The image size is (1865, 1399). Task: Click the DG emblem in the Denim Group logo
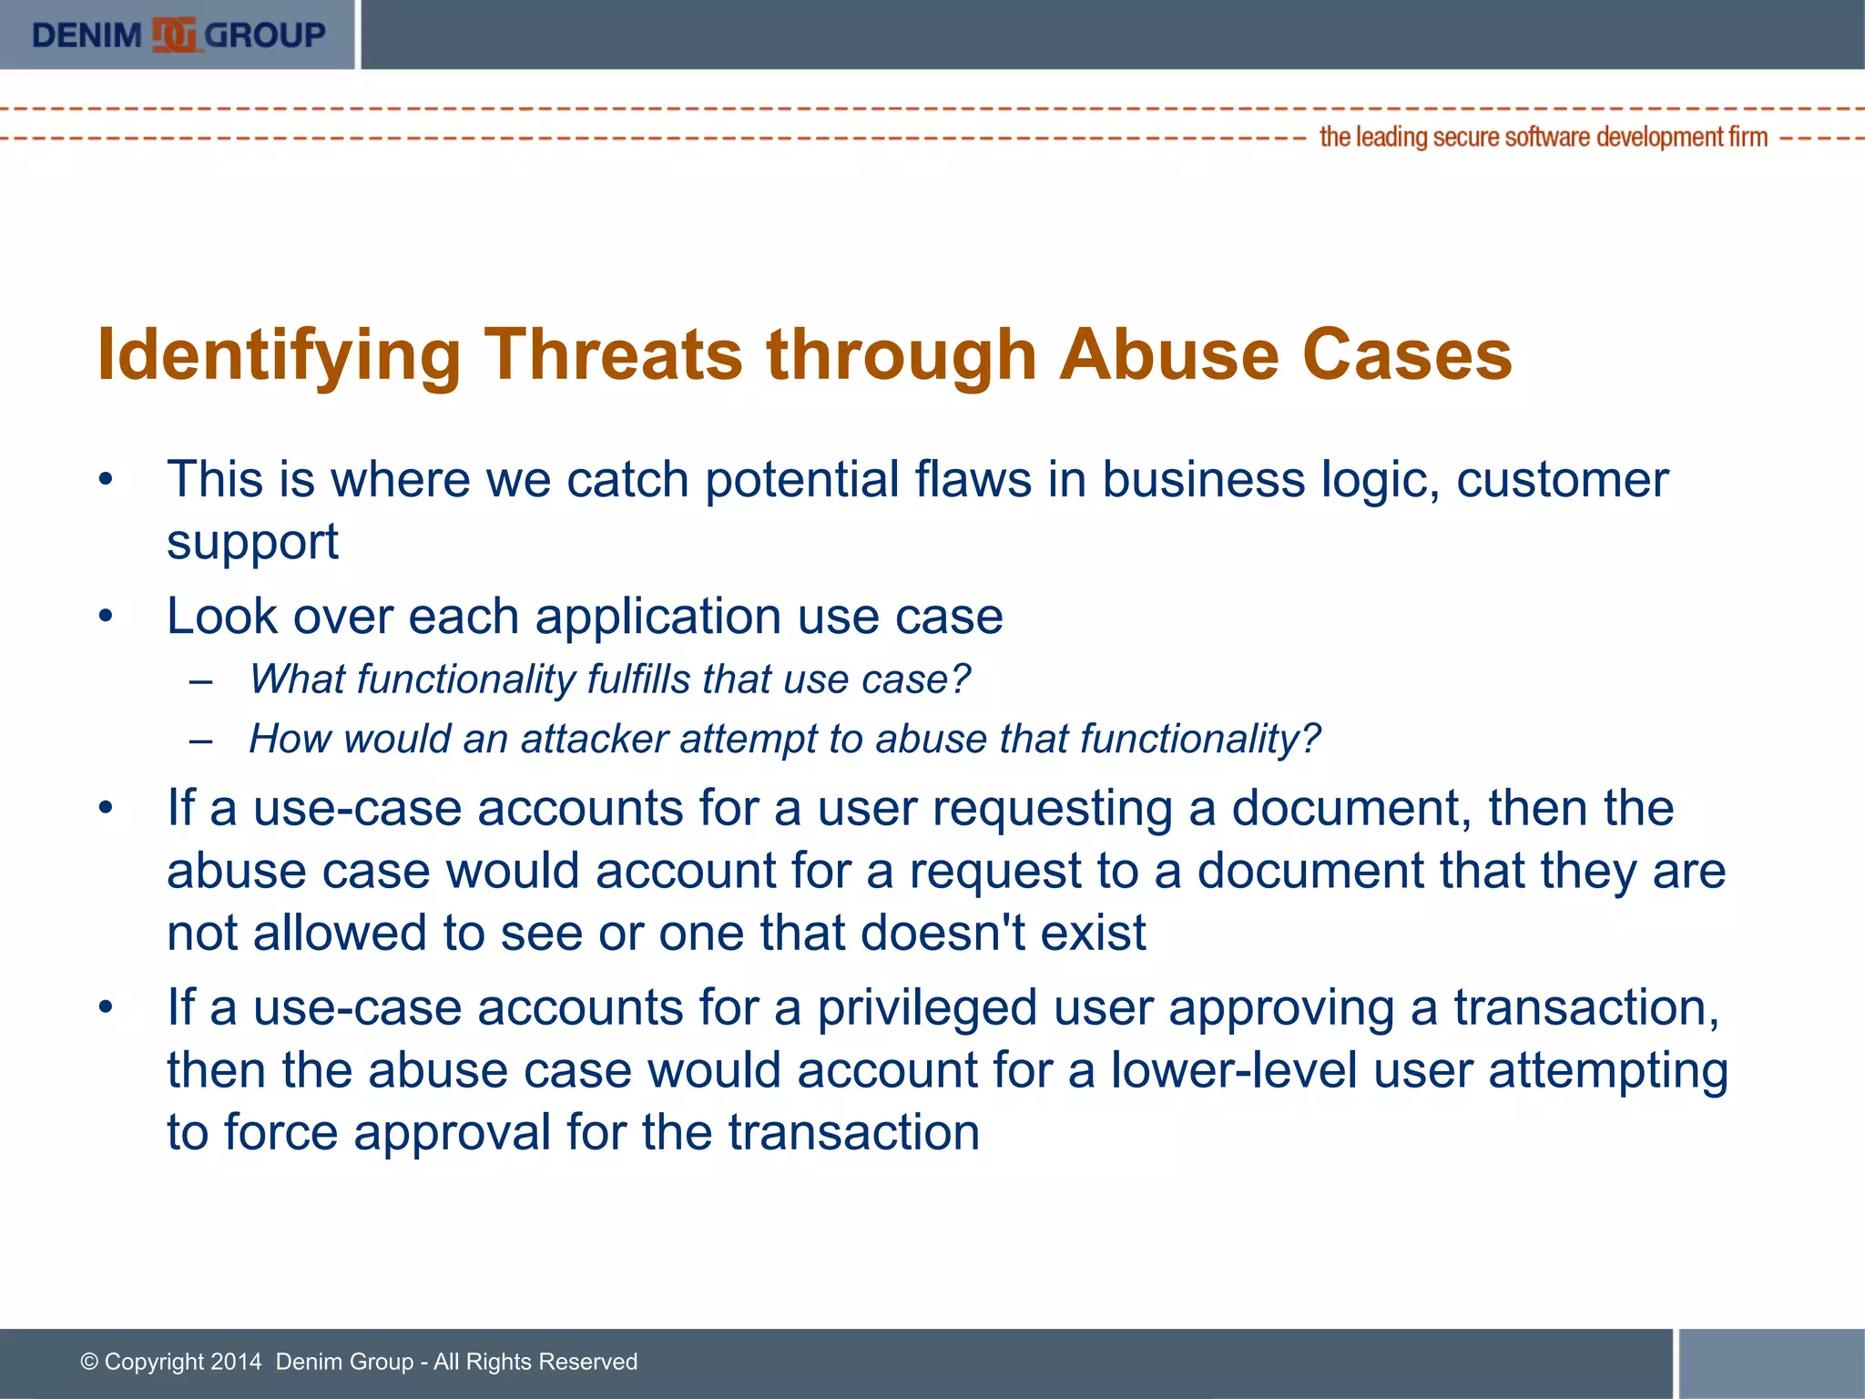pyautogui.click(x=174, y=36)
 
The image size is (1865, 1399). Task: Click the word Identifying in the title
pyautogui.click(x=279, y=355)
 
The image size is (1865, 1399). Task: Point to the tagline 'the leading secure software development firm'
pyautogui.click(x=1543, y=138)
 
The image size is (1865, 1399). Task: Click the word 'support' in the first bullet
pyautogui.click(x=252, y=543)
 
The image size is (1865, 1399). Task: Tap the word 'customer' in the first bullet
pyautogui.click(x=1562, y=480)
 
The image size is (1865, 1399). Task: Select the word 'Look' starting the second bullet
pyautogui.click(x=222, y=617)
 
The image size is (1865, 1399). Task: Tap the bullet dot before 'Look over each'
pyautogui.click(x=107, y=617)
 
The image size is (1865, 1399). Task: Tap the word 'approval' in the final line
pyautogui.click(x=452, y=1133)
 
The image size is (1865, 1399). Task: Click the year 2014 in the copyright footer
pyautogui.click(x=236, y=1362)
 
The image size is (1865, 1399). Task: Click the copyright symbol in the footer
pyautogui.click(x=89, y=1362)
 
